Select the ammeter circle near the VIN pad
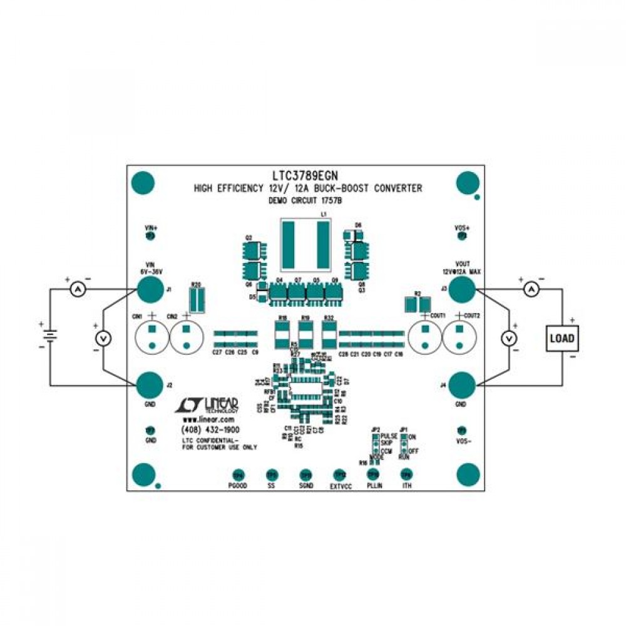click(77, 289)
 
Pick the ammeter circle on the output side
click(531, 289)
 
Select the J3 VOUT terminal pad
click(462, 289)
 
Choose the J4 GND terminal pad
click(462, 384)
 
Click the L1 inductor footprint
click(305, 244)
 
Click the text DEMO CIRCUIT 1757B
click(307, 201)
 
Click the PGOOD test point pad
click(238, 475)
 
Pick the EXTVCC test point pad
click(339, 475)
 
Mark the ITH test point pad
click(406, 475)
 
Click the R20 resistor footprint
click(197, 299)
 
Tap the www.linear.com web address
click(208, 419)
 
